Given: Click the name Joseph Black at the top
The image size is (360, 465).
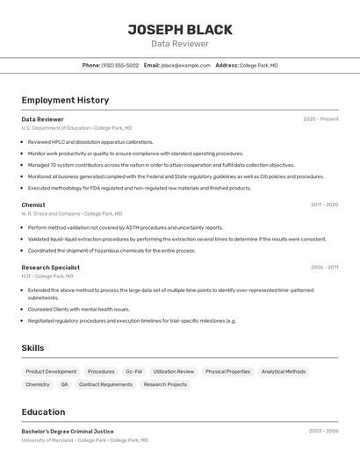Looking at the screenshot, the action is [179, 29].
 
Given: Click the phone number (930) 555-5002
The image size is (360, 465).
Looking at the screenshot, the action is [120, 65].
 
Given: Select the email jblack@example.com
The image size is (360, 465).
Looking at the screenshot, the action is [185, 65].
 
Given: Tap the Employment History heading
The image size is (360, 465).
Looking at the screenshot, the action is [65, 100].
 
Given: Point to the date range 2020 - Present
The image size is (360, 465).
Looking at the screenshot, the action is [320, 119].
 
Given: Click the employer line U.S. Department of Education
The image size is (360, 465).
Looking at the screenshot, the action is [76, 128].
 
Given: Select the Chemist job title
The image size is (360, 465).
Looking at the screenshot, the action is [33, 204].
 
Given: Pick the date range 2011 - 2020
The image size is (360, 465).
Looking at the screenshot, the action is [324, 204].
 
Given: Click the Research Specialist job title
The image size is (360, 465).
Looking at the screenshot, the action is [51, 268].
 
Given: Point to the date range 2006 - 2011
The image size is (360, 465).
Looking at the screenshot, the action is [324, 268].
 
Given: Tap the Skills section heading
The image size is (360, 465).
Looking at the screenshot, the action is [32, 348].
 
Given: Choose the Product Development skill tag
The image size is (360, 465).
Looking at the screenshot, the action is [51, 371].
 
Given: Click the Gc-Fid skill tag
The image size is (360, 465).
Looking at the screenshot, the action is [133, 371].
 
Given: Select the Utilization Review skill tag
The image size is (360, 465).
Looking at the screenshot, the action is [174, 371].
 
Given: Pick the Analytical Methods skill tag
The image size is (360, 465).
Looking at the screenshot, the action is [284, 371].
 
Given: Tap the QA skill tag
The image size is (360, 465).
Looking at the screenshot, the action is [64, 384].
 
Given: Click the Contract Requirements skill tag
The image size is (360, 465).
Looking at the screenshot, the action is [105, 384].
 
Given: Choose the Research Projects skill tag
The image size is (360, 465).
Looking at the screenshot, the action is [165, 384].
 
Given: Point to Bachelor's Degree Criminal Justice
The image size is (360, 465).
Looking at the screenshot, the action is [68, 432].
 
